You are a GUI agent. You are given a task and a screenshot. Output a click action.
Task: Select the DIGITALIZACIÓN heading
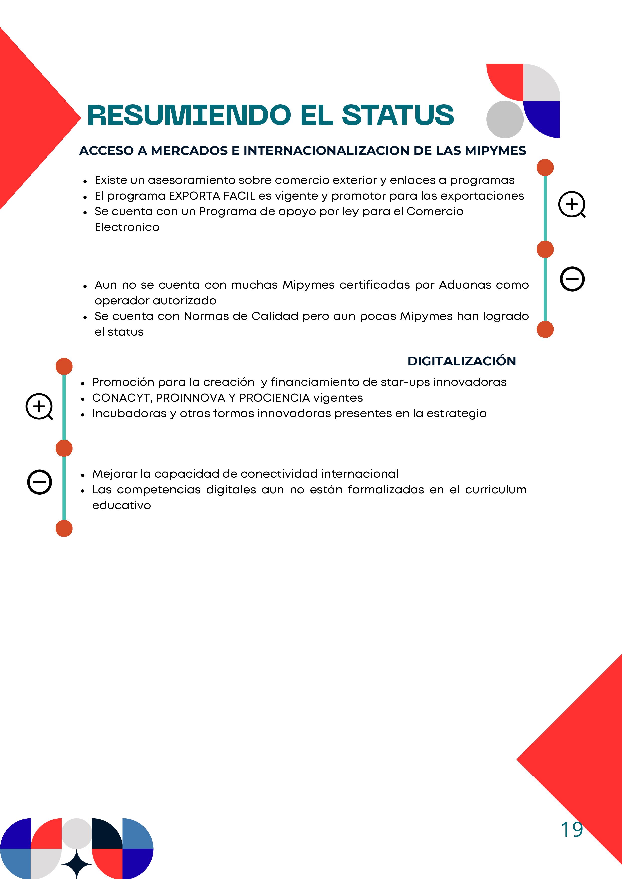click(462, 361)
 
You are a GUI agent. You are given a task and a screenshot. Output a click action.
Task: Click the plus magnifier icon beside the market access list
click(571, 204)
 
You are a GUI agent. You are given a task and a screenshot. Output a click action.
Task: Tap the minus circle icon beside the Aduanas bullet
click(572, 279)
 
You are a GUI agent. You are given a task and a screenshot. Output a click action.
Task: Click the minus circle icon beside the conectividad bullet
click(39, 482)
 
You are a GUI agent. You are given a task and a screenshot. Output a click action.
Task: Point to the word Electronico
click(127, 227)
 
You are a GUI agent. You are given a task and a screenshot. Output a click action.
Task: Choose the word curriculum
click(496, 490)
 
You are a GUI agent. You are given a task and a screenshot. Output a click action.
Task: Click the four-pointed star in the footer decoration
click(77, 864)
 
